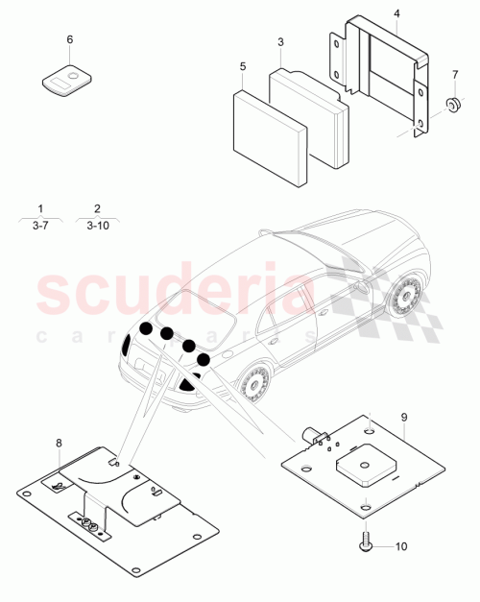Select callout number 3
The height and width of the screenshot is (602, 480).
tap(280, 43)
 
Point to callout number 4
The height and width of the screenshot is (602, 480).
tap(397, 13)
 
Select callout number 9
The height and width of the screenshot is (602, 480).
tap(404, 418)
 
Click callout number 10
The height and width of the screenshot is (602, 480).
tap(401, 546)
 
